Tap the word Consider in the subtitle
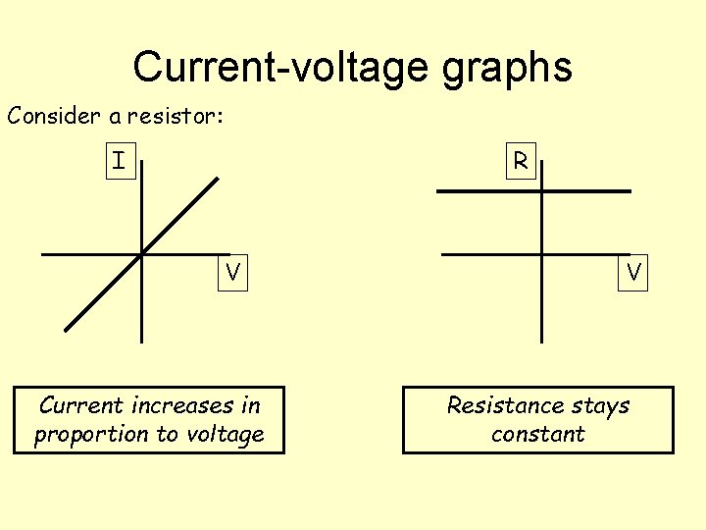[x=54, y=116]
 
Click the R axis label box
[x=521, y=161]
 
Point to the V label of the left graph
[x=232, y=272]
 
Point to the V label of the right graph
[x=634, y=272]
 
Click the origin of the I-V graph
[x=141, y=254]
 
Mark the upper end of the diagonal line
[x=218, y=179]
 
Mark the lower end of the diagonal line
[x=67, y=329]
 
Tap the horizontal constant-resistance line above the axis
[x=588, y=190]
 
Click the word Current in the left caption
[x=81, y=405]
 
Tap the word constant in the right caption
[x=538, y=434]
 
